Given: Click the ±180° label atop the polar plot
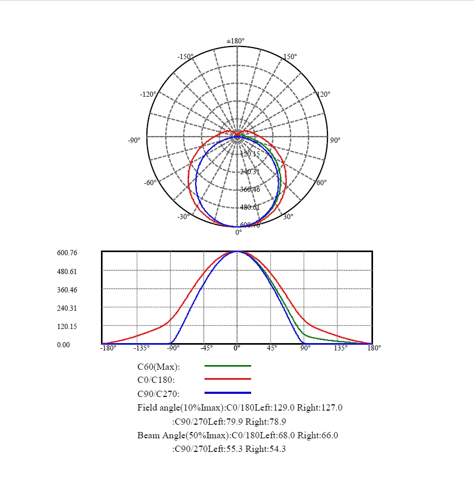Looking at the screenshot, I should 235,41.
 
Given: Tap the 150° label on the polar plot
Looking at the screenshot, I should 289,56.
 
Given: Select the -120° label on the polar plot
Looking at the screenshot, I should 148,94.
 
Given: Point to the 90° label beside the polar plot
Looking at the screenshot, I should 335,140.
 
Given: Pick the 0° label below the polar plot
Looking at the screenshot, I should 239,232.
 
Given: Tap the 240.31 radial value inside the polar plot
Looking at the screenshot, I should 250,172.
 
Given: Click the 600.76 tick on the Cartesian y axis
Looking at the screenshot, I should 67,253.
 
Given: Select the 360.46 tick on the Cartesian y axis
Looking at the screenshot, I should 67,290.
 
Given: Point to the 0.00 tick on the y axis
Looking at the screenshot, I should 63,345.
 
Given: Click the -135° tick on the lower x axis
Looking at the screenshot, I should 141,347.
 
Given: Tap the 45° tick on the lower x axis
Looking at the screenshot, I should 272,347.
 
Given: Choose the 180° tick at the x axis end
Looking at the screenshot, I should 374,347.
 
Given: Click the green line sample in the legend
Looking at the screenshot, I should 228,366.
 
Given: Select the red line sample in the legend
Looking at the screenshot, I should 228,379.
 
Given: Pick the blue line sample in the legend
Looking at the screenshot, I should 228,393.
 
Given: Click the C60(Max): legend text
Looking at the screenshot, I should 159,367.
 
